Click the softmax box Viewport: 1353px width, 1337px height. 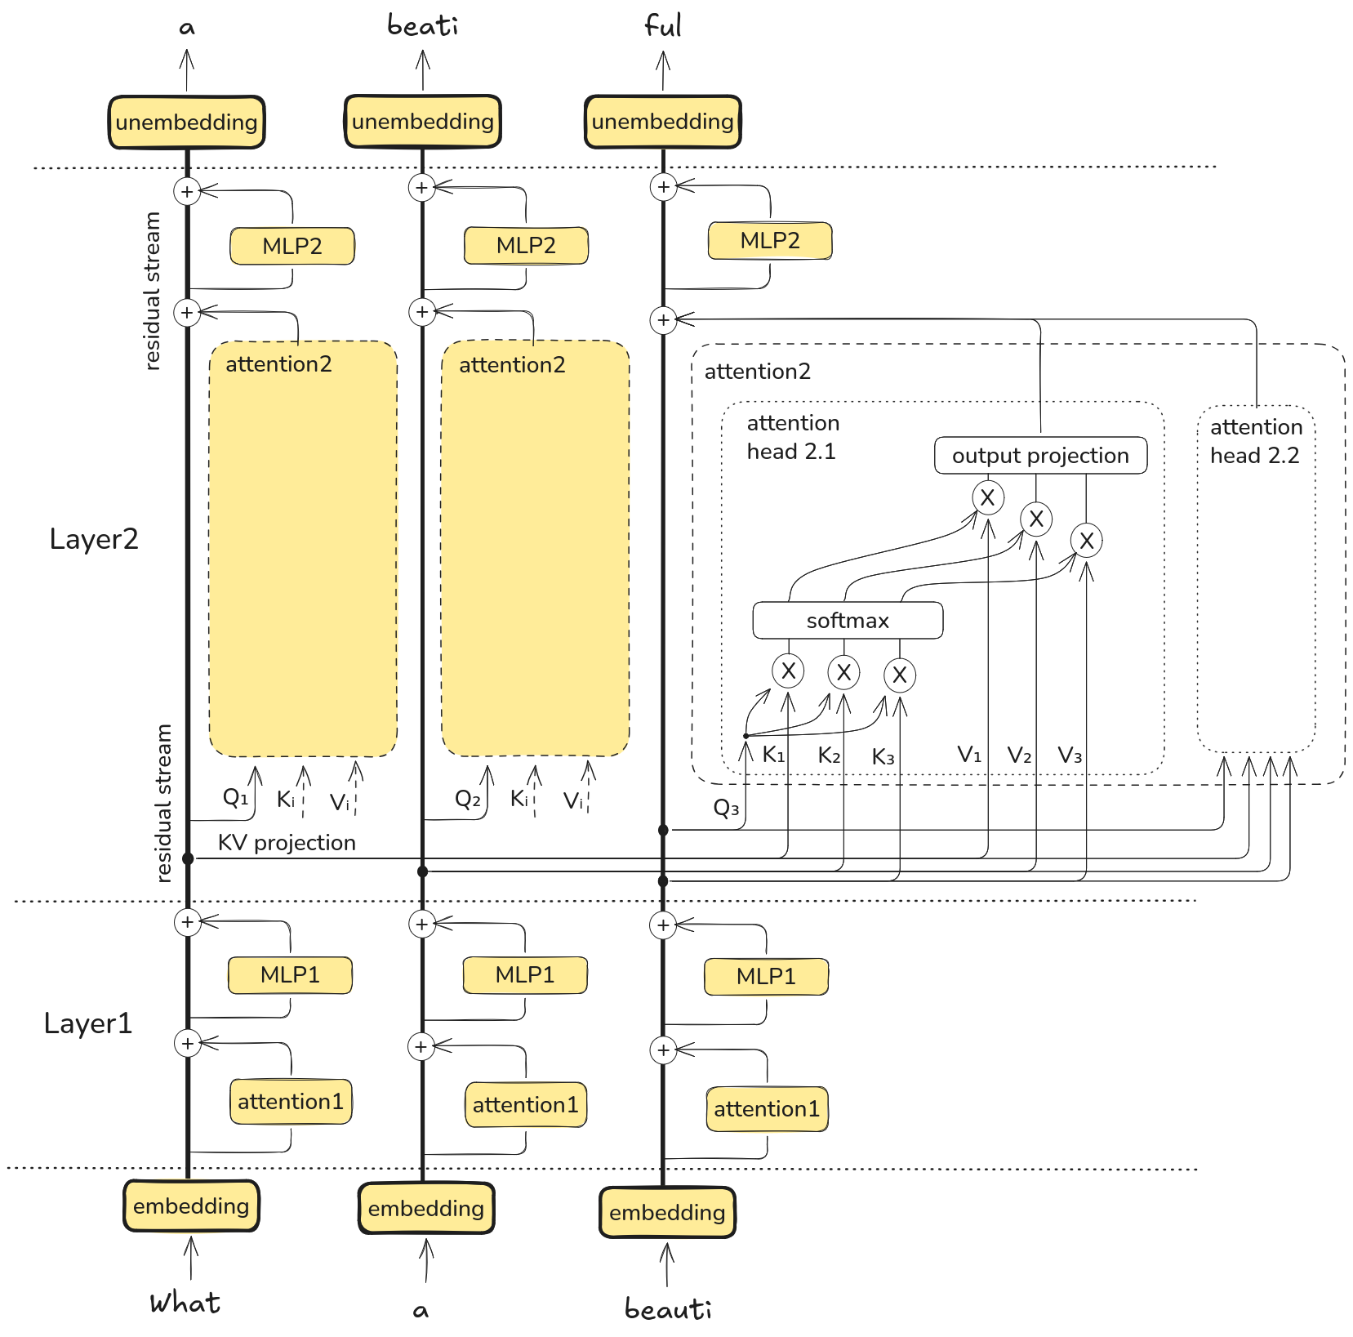tap(848, 621)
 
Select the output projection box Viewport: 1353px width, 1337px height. tap(1040, 456)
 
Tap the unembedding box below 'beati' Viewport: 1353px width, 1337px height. tap(422, 122)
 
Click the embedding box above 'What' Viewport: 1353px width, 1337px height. tap(191, 1206)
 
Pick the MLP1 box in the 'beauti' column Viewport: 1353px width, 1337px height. tap(766, 977)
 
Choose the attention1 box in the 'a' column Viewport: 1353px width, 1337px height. tap(525, 1105)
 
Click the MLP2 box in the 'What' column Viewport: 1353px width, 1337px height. tap(292, 247)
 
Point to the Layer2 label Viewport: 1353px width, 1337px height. tap(94, 539)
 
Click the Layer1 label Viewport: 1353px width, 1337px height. tap(88, 1023)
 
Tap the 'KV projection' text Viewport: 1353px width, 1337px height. tap(287, 843)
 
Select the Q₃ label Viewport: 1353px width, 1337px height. tap(726, 809)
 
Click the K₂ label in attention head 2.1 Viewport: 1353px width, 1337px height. tap(829, 755)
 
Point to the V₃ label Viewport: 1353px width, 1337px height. tap(1070, 755)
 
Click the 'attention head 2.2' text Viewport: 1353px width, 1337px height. tap(1256, 441)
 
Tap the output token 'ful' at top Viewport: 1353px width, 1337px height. tap(662, 26)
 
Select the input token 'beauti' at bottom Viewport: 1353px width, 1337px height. tap(668, 1308)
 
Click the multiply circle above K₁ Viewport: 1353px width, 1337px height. tap(788, 671)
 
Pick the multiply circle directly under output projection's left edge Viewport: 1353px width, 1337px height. tap(987, 497)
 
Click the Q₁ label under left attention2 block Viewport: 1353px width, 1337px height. tap(235, 797)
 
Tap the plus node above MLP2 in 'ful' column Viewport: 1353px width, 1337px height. tap(664, 187)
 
